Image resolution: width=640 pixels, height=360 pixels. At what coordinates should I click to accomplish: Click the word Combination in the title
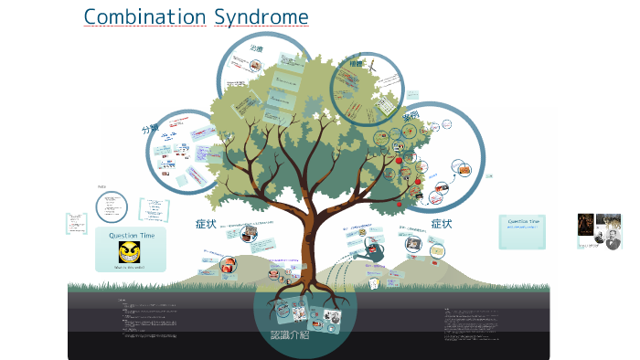[145, 17]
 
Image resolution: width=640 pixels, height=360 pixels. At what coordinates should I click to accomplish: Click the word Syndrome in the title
[261, 17]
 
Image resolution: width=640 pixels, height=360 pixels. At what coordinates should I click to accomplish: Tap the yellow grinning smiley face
[130, 252]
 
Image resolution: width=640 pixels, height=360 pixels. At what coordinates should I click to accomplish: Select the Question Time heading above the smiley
[131, 236]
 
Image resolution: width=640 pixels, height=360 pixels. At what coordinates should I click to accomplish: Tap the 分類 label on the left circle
[150, 129]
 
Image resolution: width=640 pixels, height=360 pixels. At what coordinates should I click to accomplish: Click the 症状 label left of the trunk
[206, 223]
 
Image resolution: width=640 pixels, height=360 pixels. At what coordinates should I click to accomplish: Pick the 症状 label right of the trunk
[442, 223]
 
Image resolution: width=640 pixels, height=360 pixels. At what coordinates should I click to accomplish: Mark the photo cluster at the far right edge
[600, 231]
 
